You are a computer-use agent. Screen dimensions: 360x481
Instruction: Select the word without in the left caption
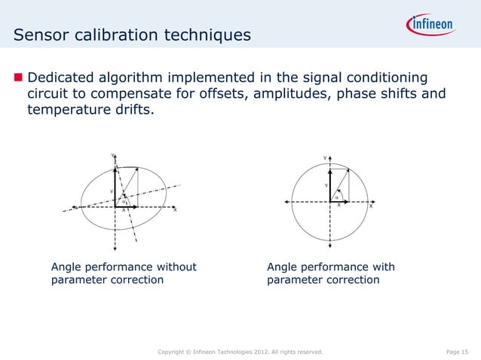[x=173, y=267]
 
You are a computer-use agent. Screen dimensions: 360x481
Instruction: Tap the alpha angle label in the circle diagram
[x=336, y=197]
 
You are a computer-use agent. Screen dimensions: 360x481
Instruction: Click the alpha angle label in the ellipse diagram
[x=123, y=201]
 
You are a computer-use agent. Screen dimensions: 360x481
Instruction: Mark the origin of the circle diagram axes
[x=330, y=201]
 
